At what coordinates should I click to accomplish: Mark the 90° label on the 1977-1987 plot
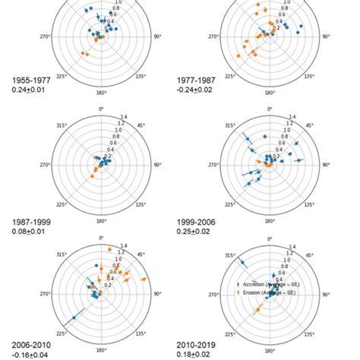[x=326, y=36]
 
